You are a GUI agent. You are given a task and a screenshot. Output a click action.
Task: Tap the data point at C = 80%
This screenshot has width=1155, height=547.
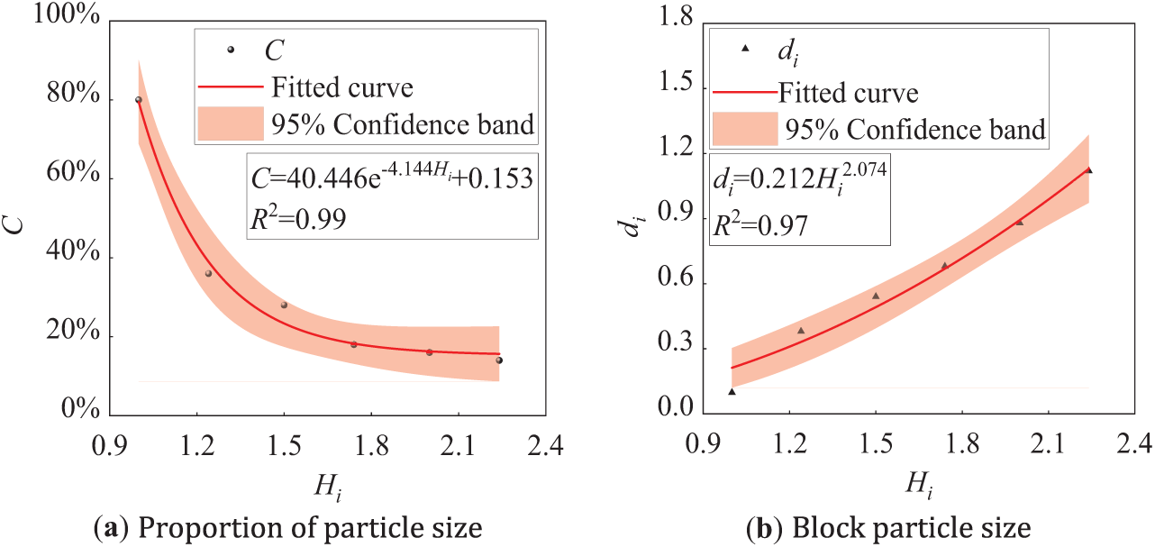pos(139,100)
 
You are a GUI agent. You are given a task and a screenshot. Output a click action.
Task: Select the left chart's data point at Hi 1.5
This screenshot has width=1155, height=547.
pos(284,305)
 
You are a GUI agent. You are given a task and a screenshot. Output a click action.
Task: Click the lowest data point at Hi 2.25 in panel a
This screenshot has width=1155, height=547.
pos(499,360)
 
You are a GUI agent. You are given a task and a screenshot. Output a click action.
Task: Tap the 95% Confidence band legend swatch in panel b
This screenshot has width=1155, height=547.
pos(745,129)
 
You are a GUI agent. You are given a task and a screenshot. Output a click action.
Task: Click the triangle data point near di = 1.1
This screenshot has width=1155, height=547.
pos(1088,169)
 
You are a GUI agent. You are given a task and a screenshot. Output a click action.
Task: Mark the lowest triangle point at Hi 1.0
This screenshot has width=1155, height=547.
pos(732,391)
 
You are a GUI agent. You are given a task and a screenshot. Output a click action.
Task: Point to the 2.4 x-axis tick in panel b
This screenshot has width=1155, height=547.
pos(1133,443)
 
